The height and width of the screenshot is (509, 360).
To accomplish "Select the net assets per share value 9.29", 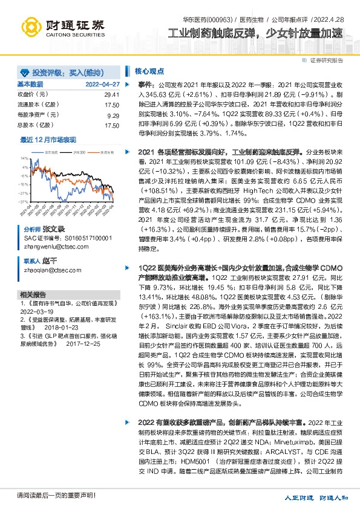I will pos(113,115).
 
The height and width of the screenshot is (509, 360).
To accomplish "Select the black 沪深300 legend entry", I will pos(76,152).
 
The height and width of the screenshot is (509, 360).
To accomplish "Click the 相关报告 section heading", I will pos(31,294).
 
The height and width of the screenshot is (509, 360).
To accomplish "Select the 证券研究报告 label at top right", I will pos(326,60).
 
